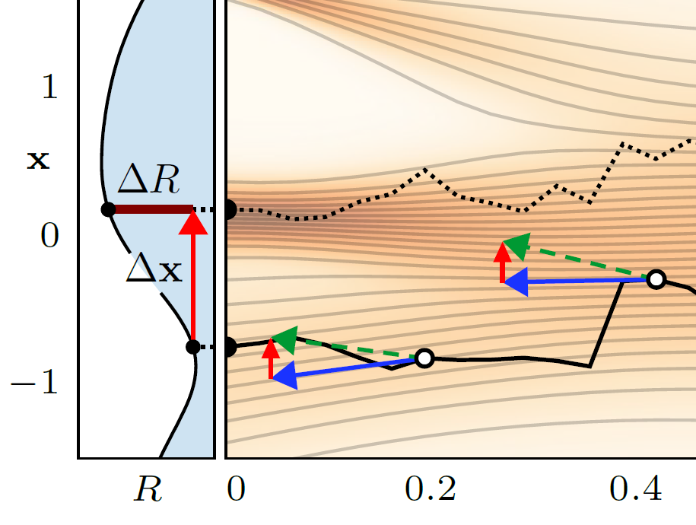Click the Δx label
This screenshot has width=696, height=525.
coord(154,269)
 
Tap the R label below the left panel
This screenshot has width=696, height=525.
coord(148,491)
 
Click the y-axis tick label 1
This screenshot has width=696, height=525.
coord(49,89)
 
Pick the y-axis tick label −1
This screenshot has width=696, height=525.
coord(38,383)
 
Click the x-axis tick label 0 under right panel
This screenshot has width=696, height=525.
coord(237,491)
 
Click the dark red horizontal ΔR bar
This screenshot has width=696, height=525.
coord(151,208)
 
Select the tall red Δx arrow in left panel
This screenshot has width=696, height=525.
coord(194,282)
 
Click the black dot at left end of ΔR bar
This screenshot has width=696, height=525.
coord(108,208)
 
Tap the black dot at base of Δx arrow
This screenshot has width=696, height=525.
coord(193,347)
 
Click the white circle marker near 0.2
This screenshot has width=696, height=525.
coord(424,358)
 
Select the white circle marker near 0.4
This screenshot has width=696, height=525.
coord(656,279)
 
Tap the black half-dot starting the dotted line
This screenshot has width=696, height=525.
coord(230,210)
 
